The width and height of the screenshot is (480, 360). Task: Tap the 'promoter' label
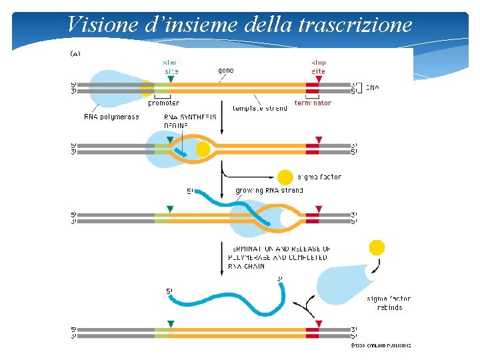point(163,103)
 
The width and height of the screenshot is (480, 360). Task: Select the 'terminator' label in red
point(313,103)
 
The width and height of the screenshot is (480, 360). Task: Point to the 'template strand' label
point(260,108)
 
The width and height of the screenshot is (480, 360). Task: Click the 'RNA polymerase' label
point(111,117)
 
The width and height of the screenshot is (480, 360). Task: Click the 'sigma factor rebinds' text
point(389,303)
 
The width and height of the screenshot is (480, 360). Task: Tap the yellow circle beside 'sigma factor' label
point(285,177)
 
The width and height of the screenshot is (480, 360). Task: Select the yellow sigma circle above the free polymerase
point(377,248)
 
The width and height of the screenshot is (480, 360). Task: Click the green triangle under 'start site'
point(171,79)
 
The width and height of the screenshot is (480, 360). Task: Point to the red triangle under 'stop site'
point(319,79)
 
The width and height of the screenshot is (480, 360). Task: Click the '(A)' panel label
point(75,53)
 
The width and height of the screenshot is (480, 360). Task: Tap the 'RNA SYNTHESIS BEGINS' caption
point(190,121)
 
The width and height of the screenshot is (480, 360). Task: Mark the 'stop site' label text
point(319,67)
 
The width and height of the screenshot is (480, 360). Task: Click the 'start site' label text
point(171,67)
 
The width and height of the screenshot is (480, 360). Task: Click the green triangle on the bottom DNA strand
point(171,323)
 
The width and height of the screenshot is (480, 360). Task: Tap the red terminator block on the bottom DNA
point(312,331)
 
